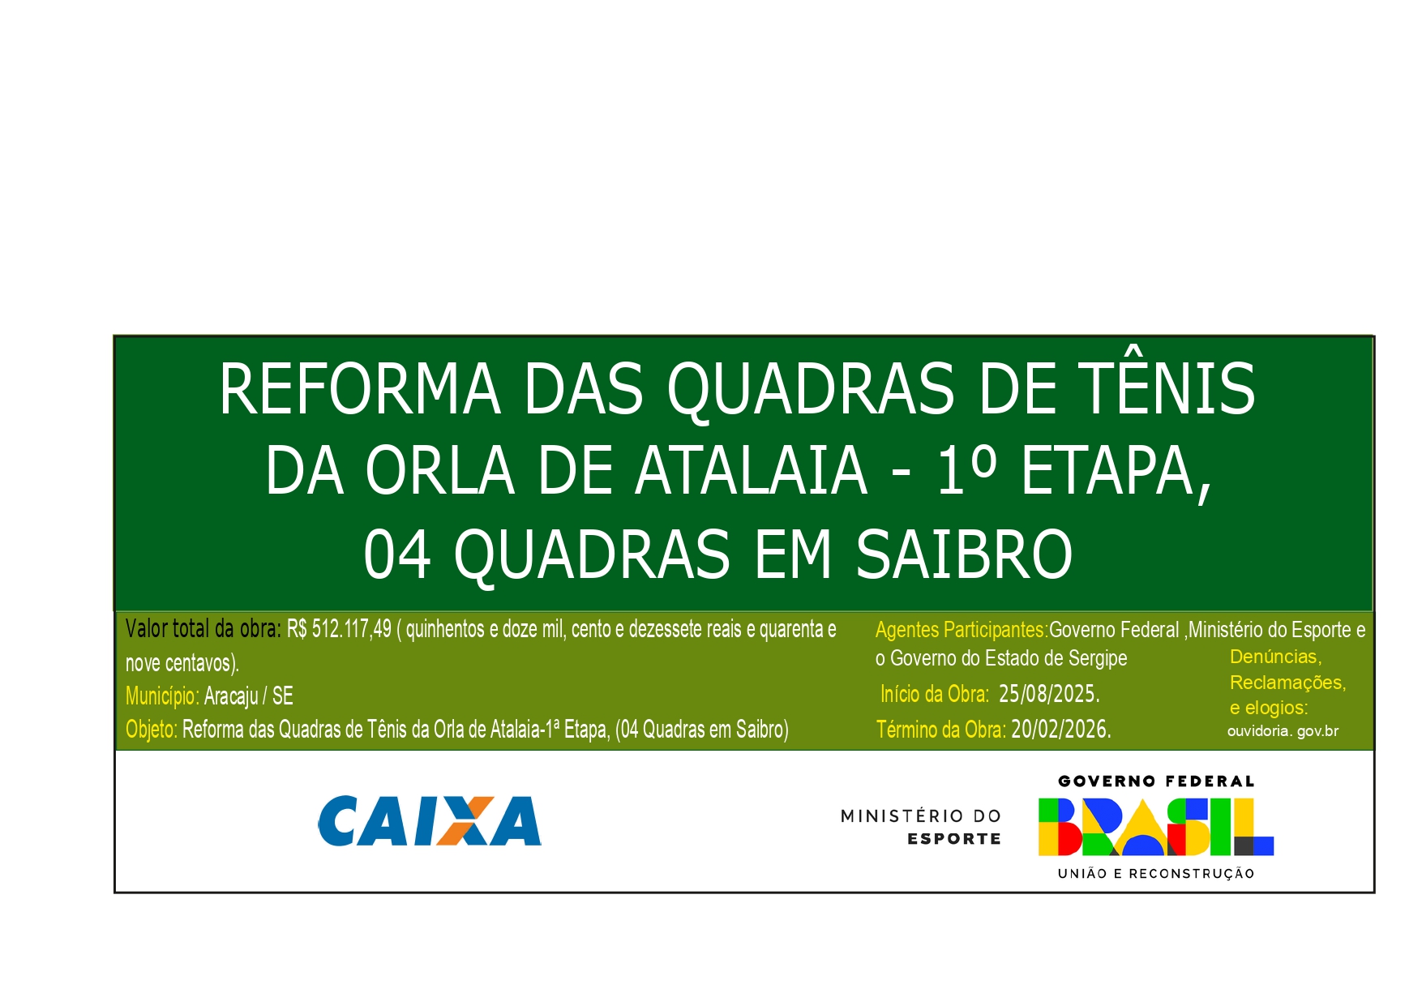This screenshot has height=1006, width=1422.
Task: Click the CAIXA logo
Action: pyautogui.click(x=430, y=821)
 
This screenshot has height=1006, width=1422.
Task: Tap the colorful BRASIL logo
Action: pyautogui.click(x=1156, y=827)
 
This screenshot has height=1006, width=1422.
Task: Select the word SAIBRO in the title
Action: pyautogui.click(x=964, y=554)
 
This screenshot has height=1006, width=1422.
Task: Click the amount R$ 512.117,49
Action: pyautogui.click(x=339, y=629)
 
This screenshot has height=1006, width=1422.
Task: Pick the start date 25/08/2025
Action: pyautogui.click(x=1049, y=694)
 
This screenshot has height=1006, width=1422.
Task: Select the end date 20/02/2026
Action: pyautogui.click(x=1060, y=730)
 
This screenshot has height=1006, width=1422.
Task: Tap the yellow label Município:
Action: pyautogui.click(x=162, y=696)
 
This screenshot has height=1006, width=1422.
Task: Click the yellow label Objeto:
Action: pyautogui.click(x=152, y=730)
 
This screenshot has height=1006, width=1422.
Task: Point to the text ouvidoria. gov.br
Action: pyautogui.click(x=1283, y=730)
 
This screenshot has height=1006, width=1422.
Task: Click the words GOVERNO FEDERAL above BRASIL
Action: pyautogui.click(x=1156, y=781)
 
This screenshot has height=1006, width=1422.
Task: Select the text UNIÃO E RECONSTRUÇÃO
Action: pyautogui.click(x=1156, y=873)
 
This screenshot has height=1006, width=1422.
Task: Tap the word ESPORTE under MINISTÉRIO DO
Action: pyautogui.click(x=954, y=839)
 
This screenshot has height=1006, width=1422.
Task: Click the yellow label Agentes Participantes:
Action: pyautogui.click(x=962, y=630)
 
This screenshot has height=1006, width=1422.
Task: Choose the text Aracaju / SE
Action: pyautogui.click(x=249, y=696)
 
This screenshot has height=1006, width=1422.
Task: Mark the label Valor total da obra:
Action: pyautogui.click(x=203, y=629)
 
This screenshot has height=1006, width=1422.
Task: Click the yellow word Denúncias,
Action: pyautogui.click(x=1275, y=657)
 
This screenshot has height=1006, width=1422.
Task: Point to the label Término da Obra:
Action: pyautogui.click(x=941, y=730)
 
